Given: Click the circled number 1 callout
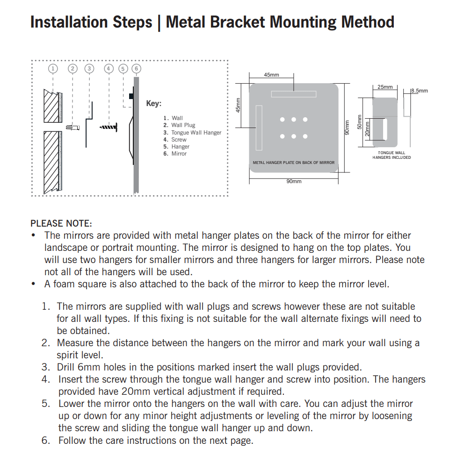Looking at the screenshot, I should (53, 69).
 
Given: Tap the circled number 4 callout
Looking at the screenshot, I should (109, 69).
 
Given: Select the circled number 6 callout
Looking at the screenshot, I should (136, 69).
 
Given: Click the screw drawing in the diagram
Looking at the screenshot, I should (108, 127).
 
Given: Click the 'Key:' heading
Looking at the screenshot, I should (153, 104).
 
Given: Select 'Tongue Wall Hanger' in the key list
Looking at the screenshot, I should (196, 133).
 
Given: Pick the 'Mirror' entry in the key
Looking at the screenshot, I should (179, 154).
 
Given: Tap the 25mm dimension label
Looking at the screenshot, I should (385, 87).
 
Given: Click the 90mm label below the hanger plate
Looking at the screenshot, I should (294, 181).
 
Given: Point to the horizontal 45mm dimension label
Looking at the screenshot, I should (271, 75).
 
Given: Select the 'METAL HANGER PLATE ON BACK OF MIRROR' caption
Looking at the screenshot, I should (294, 163).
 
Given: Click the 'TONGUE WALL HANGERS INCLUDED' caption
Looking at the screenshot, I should (392, 155).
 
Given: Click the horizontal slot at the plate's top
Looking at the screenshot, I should (294, 94).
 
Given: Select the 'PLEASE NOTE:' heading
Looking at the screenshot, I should (61, 223).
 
